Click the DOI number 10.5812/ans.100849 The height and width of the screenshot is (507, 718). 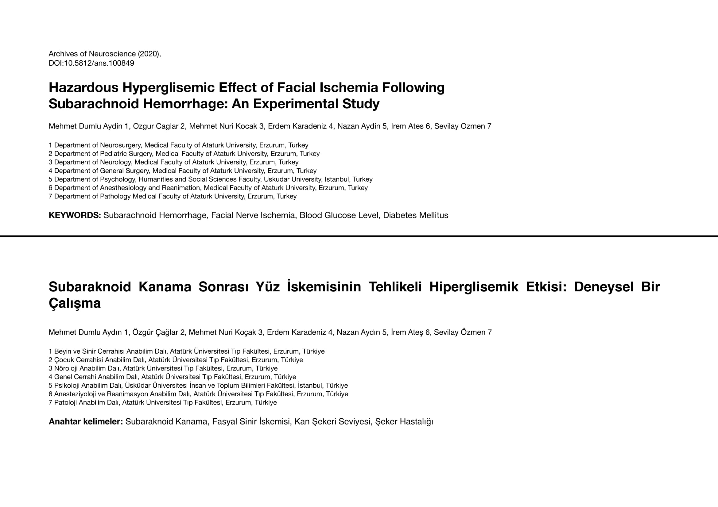(99, 63)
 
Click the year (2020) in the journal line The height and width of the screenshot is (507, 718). (149, 54)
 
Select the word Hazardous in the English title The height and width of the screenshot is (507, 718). (83, 87)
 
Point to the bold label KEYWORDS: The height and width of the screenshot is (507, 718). (75, 215)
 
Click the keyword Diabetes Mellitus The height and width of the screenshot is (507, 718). (416, 215)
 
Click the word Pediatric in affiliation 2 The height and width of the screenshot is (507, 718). (113, 154)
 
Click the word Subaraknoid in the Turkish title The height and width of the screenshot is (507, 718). (90, 287)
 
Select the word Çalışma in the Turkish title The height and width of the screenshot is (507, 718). (75, 303)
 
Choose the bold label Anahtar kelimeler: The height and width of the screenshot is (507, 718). (86, 422)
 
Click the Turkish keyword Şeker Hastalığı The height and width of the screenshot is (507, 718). (404, 422)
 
